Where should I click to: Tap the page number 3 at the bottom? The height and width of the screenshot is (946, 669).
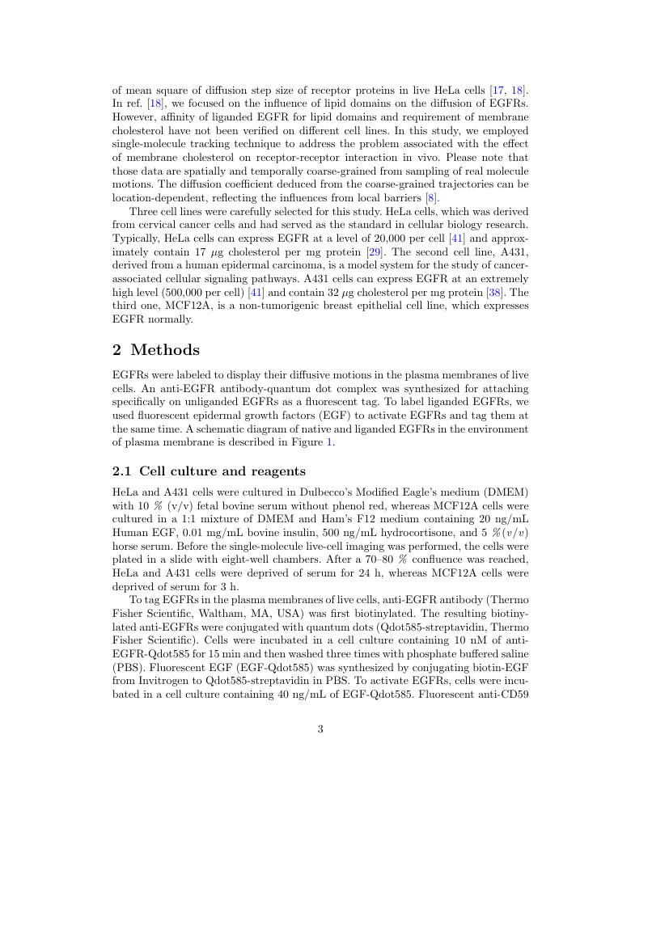coord(320,729)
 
